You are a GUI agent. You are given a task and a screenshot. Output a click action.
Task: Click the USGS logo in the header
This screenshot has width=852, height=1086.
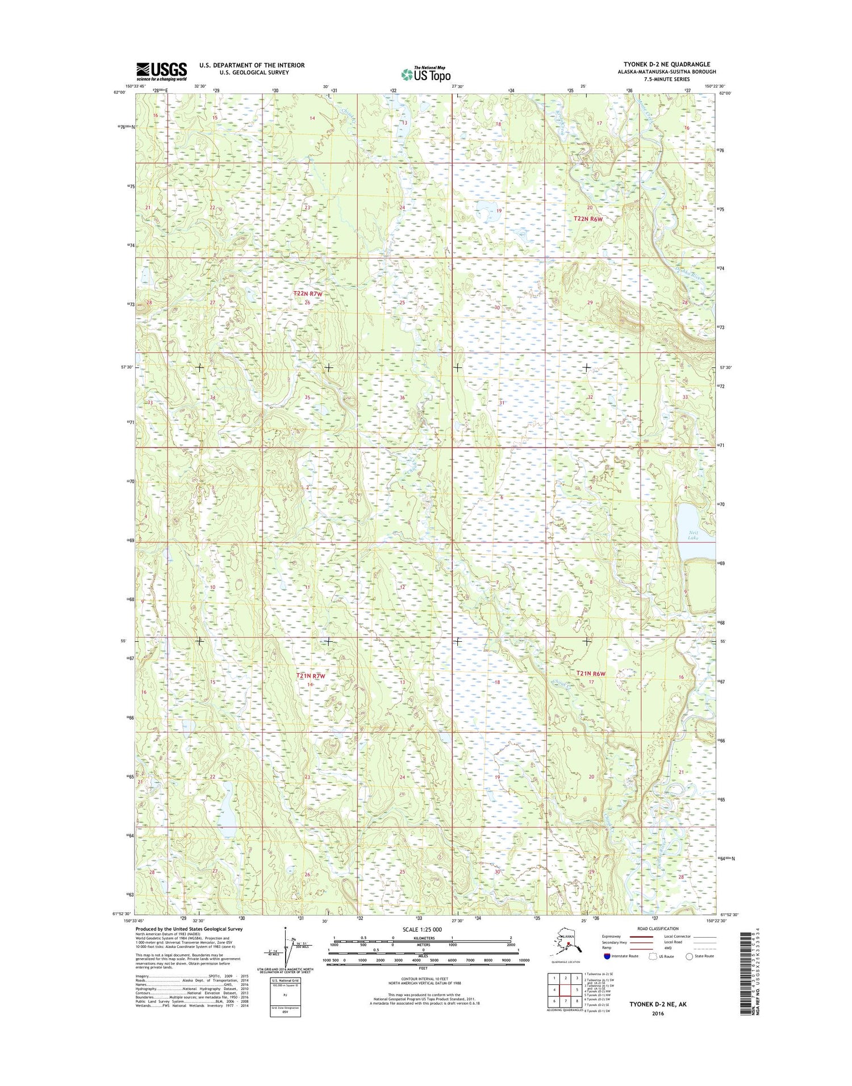coord(161,72)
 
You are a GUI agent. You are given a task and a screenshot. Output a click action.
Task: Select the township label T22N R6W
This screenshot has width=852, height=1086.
coord(587,219)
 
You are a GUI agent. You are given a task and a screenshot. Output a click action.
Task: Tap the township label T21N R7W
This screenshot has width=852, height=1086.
coord(311,676)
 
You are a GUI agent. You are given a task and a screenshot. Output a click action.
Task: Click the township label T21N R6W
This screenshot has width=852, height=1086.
coord(591,674)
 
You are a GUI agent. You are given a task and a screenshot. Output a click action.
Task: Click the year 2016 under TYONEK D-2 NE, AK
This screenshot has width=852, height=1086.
coord(658,1013)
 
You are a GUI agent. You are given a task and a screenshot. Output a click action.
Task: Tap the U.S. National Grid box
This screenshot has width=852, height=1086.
coord(285,997)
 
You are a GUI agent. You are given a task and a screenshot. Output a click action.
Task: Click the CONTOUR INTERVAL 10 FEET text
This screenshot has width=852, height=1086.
coord(421,978)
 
